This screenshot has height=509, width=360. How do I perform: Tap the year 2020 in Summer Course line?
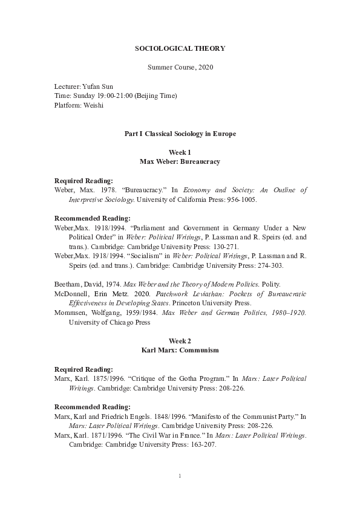point(206,66)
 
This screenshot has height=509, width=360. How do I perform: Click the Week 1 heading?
point(180,153)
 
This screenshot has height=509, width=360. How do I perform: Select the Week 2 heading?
point(180,341)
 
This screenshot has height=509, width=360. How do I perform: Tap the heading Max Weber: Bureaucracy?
point(180,162)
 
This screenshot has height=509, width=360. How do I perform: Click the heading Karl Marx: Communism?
point(180,350)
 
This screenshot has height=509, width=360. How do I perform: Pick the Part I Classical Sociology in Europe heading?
point(180,133)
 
